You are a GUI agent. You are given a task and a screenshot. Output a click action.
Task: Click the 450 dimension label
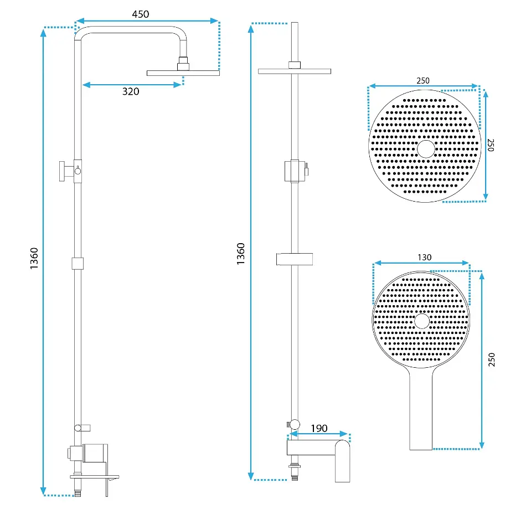point(141,14)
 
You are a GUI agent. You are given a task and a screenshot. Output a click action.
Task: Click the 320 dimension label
point(131,91)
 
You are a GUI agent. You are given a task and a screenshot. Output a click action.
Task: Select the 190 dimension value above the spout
point(319,428)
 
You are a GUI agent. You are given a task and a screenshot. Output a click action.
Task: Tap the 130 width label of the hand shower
point(424,258)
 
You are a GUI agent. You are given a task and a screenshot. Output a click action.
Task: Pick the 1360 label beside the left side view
point(34,259)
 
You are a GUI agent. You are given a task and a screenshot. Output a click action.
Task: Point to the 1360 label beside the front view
point(241,254)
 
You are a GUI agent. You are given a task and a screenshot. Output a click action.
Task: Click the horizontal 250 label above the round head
point(423,81)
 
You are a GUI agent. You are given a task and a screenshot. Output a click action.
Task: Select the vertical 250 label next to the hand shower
point(492,359)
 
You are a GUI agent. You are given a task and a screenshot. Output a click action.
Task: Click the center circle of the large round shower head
point(426,149)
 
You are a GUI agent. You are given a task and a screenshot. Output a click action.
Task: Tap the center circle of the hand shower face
point(422,321)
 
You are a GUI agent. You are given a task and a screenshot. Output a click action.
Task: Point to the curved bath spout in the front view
point(342,461)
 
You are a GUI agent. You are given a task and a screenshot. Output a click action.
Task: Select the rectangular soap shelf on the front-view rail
point(294,259)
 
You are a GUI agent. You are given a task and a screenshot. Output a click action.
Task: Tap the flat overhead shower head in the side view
point(183,73)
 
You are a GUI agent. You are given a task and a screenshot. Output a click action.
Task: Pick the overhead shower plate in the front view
point(294,71)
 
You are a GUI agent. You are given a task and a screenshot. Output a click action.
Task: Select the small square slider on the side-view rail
point(78,264)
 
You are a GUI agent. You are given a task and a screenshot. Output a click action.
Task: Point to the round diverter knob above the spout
point(294,424)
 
